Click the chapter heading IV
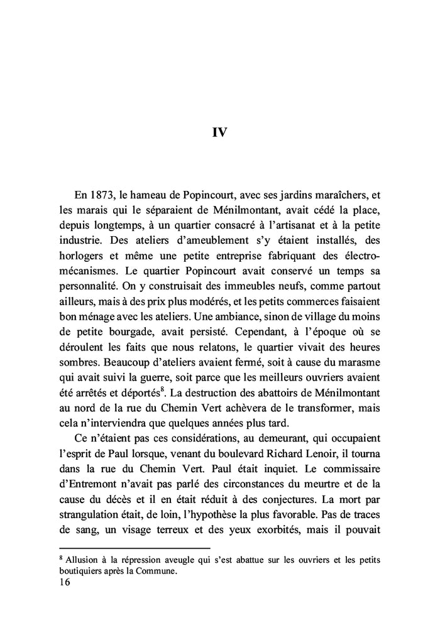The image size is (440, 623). point(219,133)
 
